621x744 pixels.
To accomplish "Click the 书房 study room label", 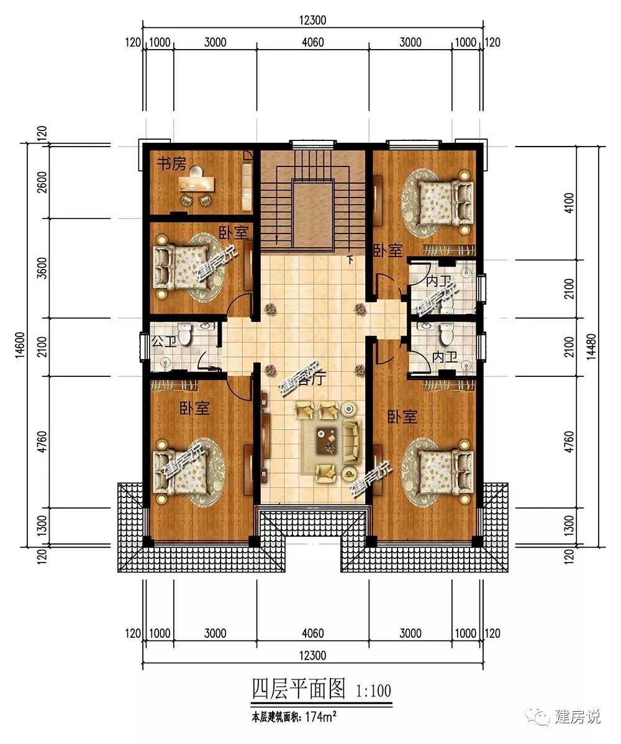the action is tap(171, 164).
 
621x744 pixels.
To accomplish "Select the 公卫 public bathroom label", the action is tap(163, 341).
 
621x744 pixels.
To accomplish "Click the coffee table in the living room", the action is tap(327, 440).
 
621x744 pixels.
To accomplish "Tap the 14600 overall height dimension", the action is tap(19, 345).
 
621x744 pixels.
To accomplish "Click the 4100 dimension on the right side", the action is tap(569, 204).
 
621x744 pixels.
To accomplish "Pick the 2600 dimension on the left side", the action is tap(42, 182).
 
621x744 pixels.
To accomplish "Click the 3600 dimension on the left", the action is tap(42, 268).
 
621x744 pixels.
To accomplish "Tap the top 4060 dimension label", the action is tap(313, 43).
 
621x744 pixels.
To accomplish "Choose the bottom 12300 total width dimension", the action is tap(313, 655).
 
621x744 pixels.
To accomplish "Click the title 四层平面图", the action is tap(299, 689).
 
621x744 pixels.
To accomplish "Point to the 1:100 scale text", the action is tap(374, 690).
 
